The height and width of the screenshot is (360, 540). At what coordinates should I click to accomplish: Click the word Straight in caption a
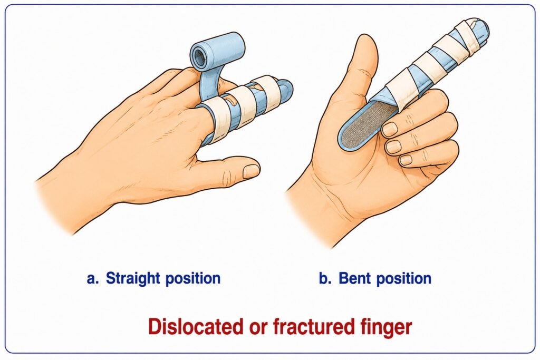(132, 278)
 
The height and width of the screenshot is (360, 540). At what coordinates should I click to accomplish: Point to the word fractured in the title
(314, 327)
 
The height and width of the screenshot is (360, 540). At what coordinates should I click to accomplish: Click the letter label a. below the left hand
(93, 279)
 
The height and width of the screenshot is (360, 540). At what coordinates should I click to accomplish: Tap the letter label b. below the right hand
(325, 278)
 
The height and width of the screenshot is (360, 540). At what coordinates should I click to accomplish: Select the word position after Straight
(193, 279)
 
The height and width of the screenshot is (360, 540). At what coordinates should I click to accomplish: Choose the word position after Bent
(403, 279)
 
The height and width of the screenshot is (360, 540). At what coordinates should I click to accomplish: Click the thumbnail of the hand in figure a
(250, 171)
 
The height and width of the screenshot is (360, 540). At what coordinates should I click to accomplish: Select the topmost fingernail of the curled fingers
(390, 130)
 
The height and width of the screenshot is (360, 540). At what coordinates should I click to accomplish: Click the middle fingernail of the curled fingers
(393, 147)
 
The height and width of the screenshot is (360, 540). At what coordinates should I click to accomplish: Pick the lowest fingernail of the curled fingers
(406, 160)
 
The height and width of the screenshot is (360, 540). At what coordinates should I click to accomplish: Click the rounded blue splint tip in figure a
(285, 92)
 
